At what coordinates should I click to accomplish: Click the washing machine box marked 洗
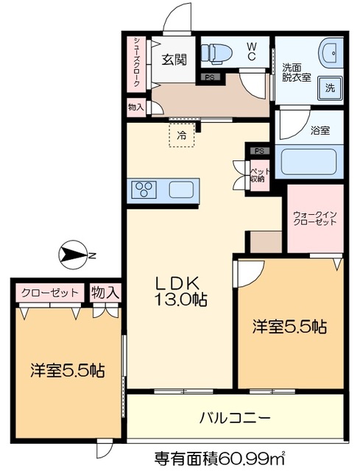coord(329,88)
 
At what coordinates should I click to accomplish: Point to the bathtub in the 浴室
coord(308,161)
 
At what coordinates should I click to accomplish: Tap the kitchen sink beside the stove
coord(181,190)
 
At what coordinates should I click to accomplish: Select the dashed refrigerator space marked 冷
coord(180,135)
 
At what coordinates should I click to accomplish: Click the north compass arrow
coord(74,255)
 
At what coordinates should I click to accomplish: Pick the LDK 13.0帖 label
coord(180,291)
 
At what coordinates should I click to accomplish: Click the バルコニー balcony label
coord(234,417)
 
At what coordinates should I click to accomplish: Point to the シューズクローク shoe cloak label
coord(136,63)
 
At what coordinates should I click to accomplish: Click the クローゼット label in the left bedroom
coord(49,293)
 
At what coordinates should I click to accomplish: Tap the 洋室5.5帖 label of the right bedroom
coord(290,325)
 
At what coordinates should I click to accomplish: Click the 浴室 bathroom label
coord(320,131)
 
